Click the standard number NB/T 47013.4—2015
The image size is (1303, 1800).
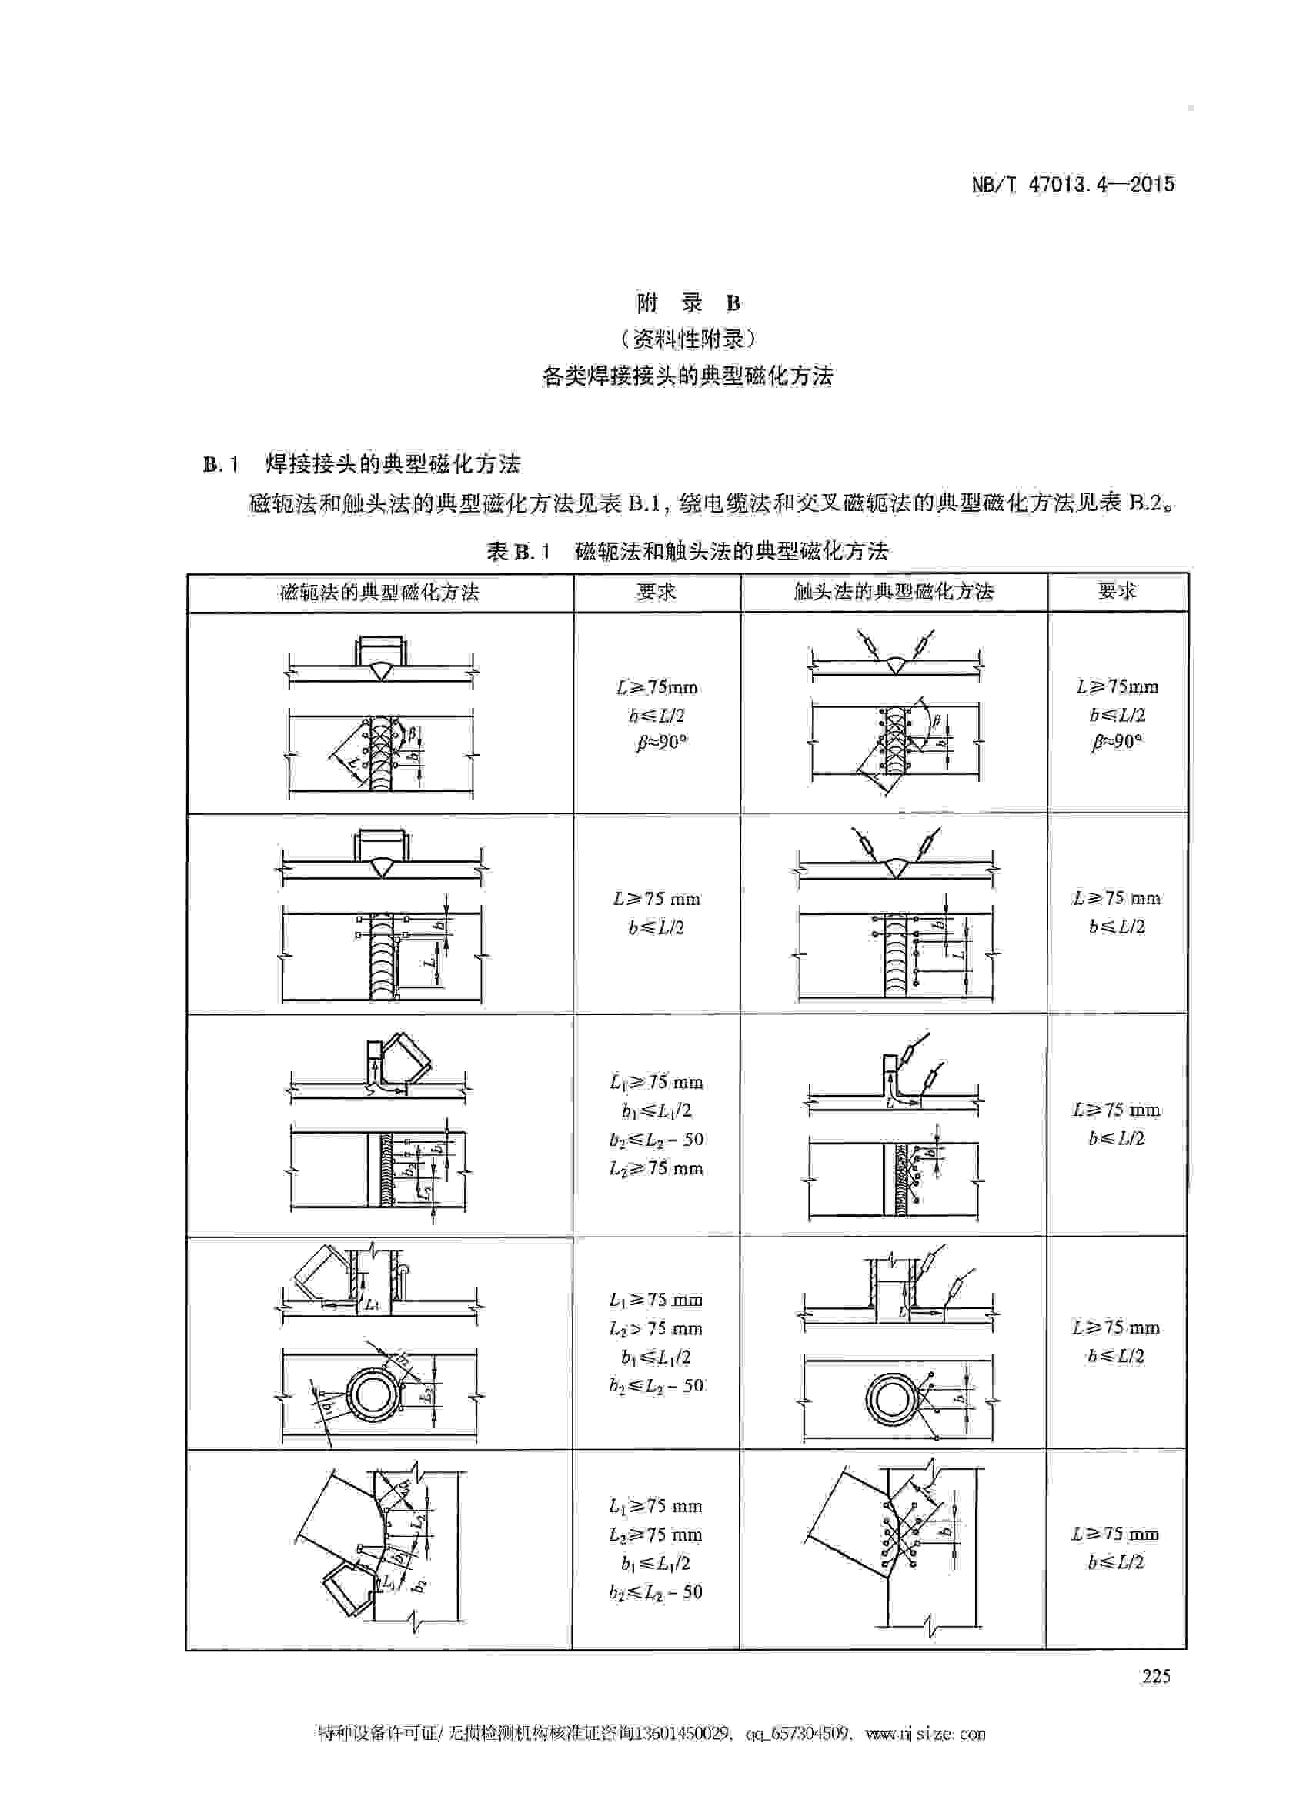tap(1073, 185)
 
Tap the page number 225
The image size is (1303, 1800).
tap(1156, 1676)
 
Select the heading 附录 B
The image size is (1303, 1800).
tap(688, 303)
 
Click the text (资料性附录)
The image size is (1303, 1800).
tap(688, 339)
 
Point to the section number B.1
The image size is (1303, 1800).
tap(221, 464)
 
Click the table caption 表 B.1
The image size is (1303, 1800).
tap(518, 552)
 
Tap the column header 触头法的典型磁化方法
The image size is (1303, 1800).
tap(894, 592)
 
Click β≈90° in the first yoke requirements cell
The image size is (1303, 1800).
tap(661, 743)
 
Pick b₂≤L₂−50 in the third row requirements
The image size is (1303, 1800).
tap(657, 1139)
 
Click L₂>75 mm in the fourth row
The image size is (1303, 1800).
tap(656, 1328)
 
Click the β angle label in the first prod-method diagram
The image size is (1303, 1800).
tap(937, 721)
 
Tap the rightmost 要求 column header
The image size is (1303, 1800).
tap(1117, 591)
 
